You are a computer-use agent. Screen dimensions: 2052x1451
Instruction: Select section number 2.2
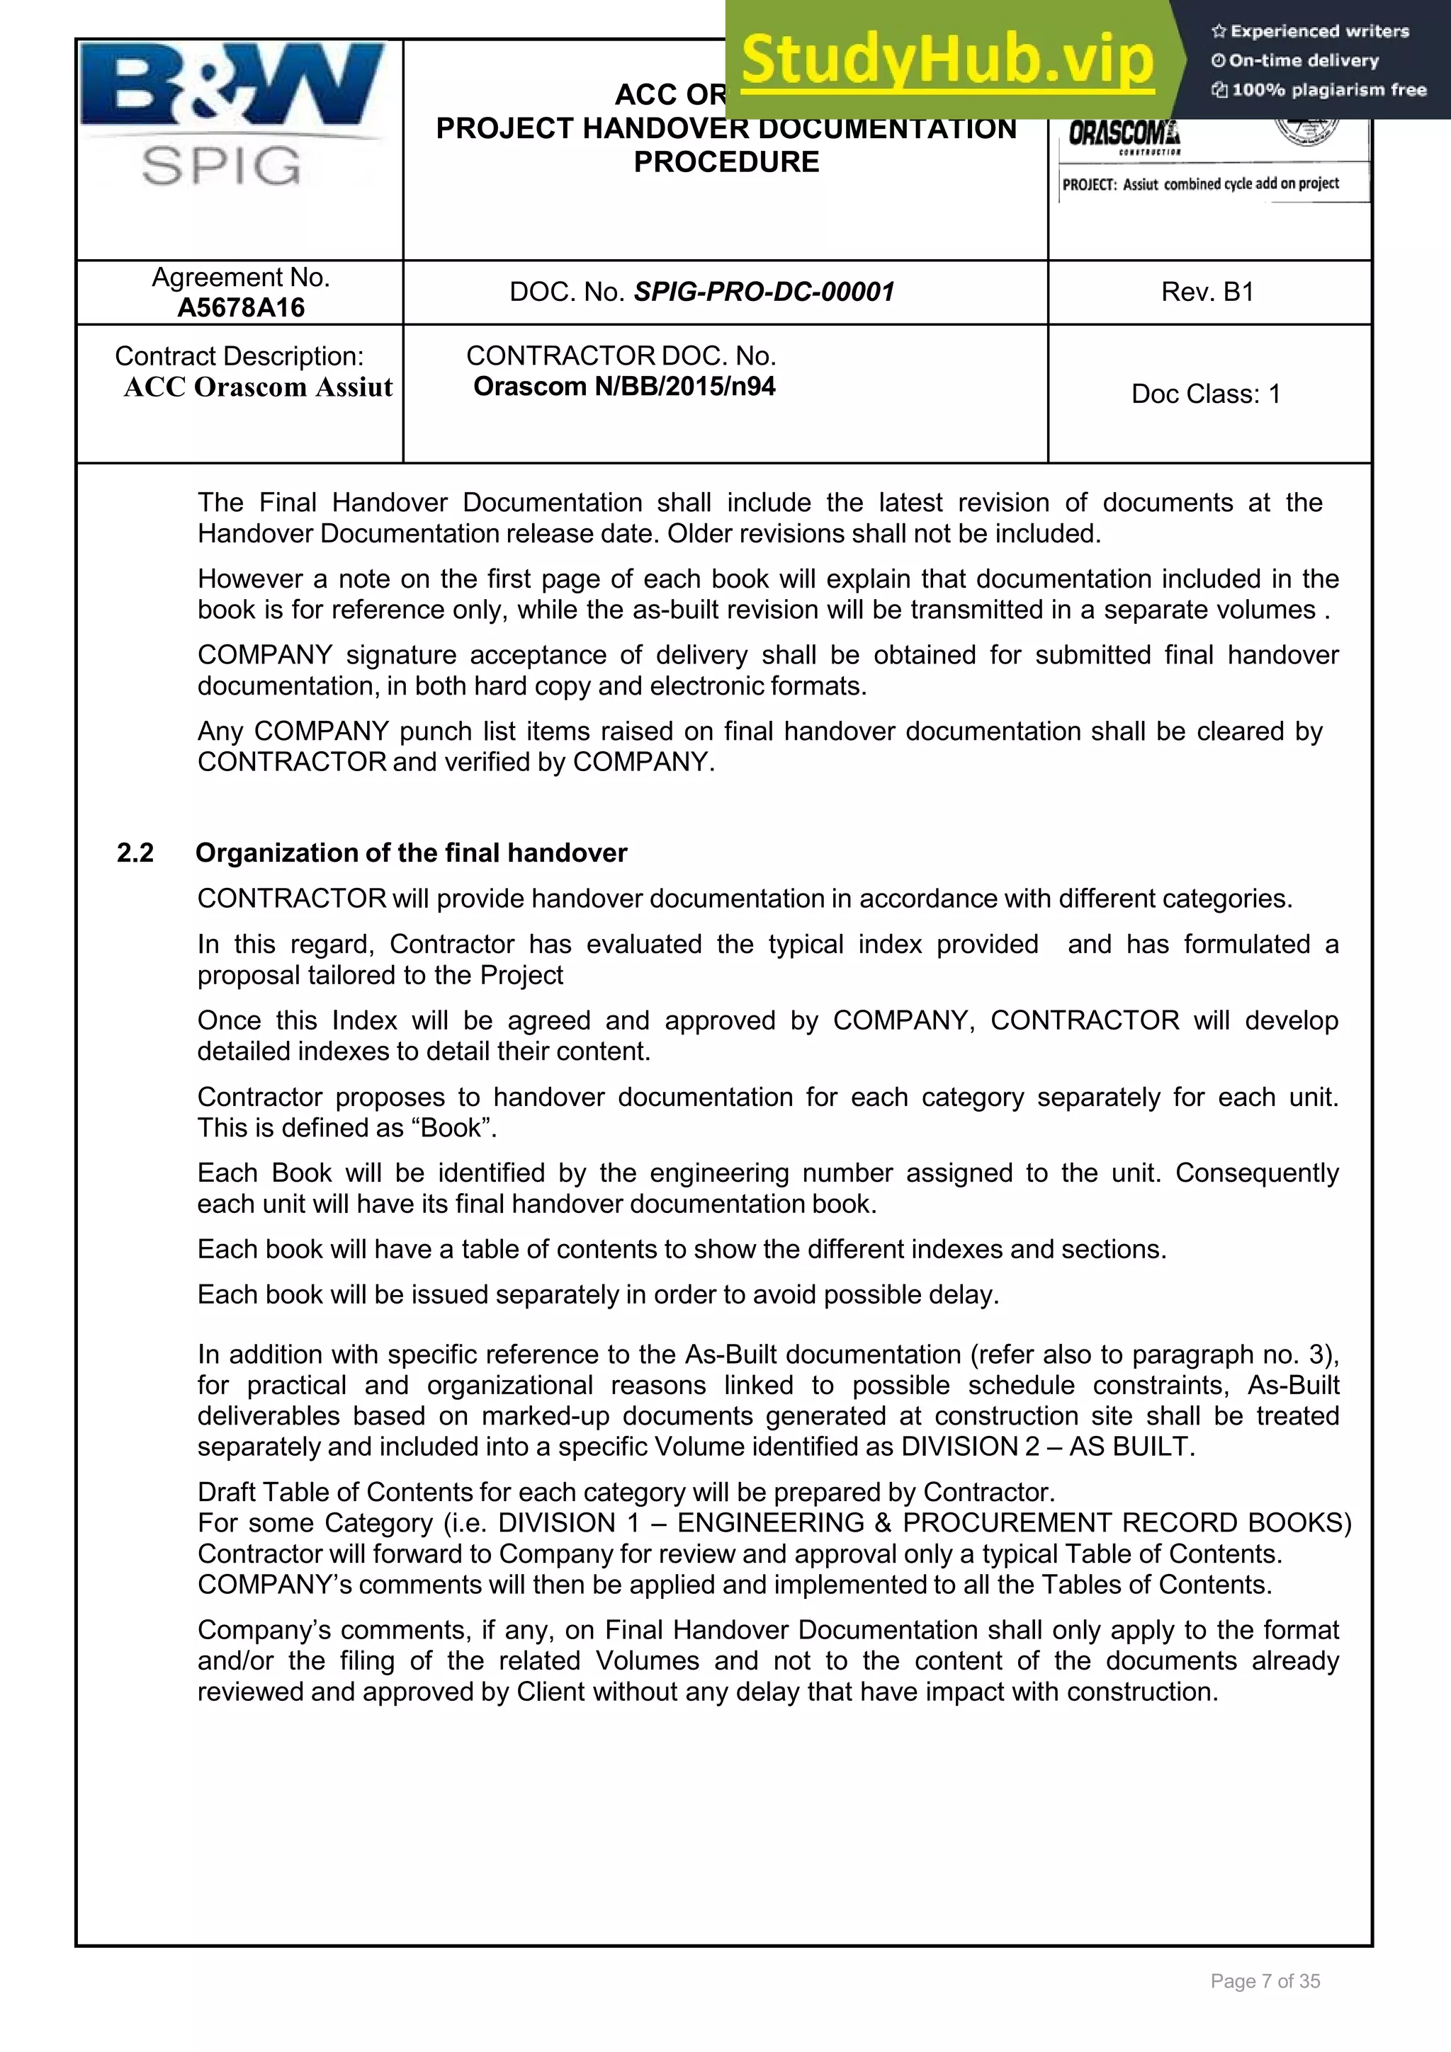click(x=135, y=853)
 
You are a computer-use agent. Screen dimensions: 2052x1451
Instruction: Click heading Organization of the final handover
click(x=411, y=853)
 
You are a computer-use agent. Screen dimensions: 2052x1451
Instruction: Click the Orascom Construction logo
click(x=1124, y=136)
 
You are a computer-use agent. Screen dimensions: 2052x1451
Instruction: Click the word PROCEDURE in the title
click(x=726, y=161)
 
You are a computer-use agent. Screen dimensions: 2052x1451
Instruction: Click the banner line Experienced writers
click(x=1311, y=31)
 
